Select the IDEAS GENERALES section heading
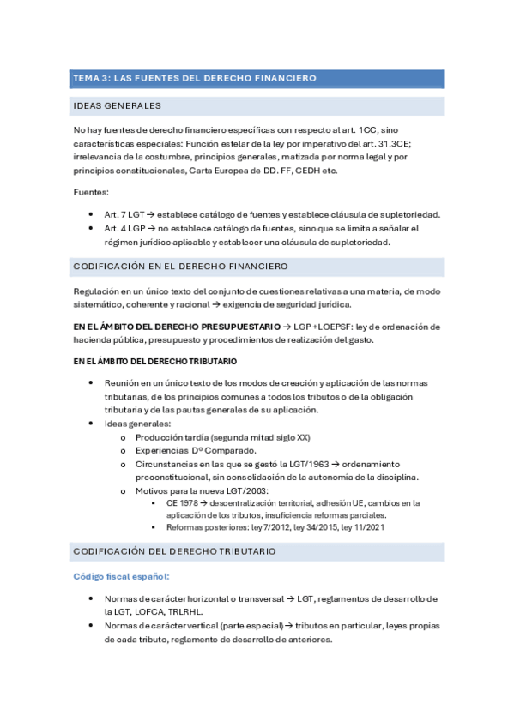(117, 106)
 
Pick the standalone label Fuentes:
(91, 193)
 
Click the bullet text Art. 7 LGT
(124, 214)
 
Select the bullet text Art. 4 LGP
(124, 228)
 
